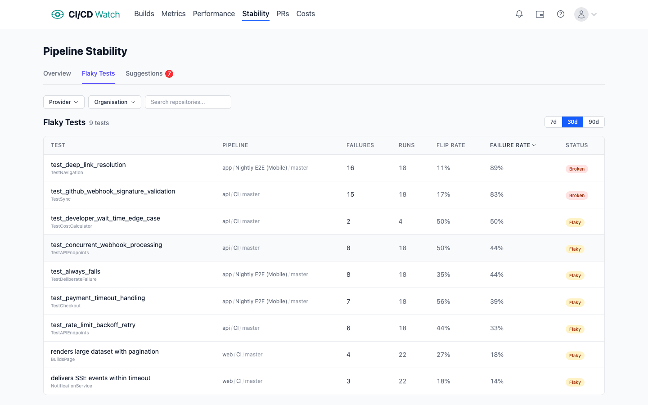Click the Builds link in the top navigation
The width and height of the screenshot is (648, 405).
(x=144, y=14)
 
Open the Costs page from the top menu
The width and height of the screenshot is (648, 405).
(x=306, y=14)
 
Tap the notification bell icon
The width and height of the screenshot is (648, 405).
(x=519, y=14)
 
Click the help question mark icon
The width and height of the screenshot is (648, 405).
(x=561, y=14)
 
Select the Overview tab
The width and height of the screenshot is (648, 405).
(x=57, y=73)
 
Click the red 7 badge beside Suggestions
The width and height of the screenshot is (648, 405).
(x=169, y=74)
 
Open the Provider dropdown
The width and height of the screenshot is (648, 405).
(x=63, y=102)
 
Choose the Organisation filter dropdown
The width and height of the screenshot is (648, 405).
(x=114, y=102)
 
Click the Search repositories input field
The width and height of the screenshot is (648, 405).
(x=188, y=102)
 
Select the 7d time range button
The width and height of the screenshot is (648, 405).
(x=553, y=122)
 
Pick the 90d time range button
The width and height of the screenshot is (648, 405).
(x=594, y=122)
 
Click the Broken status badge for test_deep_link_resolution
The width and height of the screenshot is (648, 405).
(x=576, y=169)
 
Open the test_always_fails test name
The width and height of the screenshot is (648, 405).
(x=76, y=271)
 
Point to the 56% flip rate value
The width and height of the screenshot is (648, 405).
(x=443, y=301)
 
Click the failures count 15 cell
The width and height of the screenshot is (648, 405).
(x=351, y=194)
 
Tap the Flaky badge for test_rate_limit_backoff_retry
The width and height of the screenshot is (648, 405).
(x=575, y=329)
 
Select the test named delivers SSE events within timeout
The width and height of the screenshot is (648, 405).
(x=101, y=378)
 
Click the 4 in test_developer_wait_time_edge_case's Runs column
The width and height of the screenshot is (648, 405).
(x=400, y=221)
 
